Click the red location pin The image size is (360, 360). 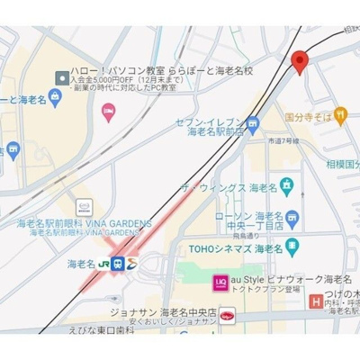(300, 61)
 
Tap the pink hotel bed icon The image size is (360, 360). (109, 112)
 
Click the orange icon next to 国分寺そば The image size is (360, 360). (342, 116)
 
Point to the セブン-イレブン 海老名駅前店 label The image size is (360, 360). (213, 126)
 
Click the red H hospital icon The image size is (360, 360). (316, 303)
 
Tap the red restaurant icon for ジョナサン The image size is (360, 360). (228, 315)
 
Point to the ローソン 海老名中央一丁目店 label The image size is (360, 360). (254, 221)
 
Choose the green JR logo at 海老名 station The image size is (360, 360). (105, 265)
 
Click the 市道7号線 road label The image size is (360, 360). (283, 140)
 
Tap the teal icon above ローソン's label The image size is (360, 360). (286, 185)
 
